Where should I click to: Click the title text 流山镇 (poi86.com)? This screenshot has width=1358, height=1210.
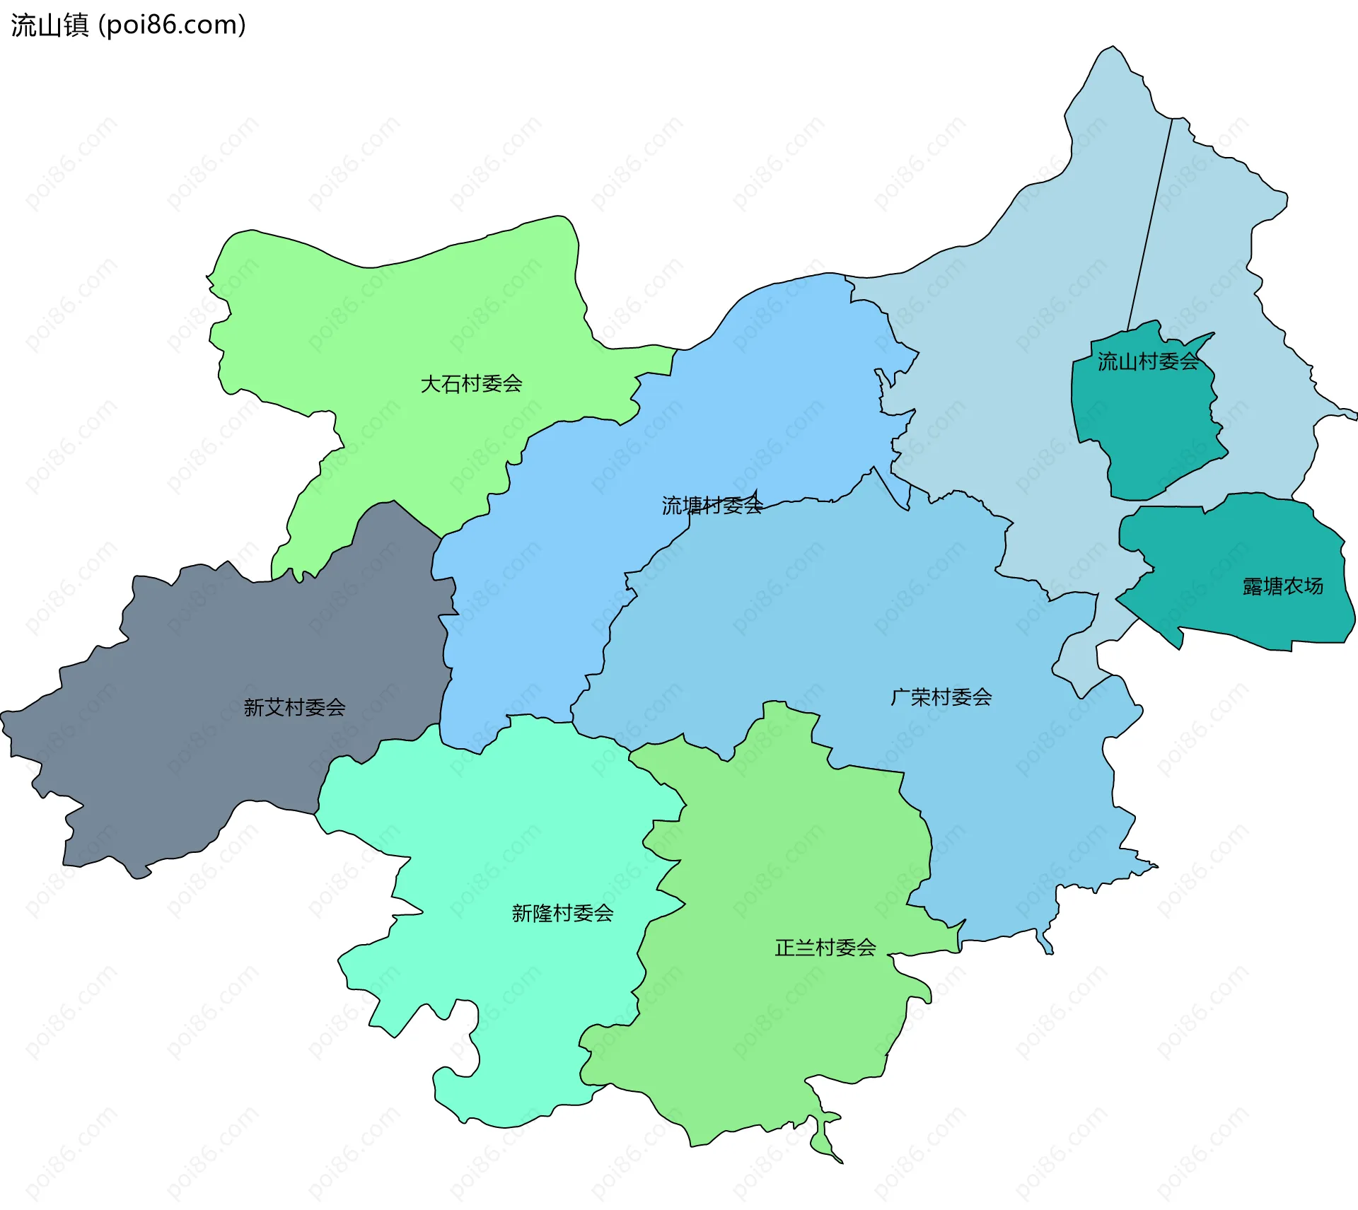pyautogui.click(x=128, y=25)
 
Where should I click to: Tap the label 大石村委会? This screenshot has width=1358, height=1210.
pyautogui.click(x=471, y=384)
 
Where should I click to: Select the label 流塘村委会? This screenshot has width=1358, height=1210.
pyautogui.click(x=712, y=506)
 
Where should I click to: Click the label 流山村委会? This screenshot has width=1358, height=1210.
pyautogui.click(x=1147, y=362)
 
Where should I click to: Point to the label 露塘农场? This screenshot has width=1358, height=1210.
pyautogui.click(x=1282, y=586)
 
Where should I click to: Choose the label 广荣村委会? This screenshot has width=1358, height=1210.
pyautogui.click(x=941, y=697)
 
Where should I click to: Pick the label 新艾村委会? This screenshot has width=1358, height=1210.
pyautogui.click(x=294, y=707)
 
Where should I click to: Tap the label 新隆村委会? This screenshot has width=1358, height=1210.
pyautogui.click(x=562, y=913)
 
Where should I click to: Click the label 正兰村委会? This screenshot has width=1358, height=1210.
pyautogui.click(x=825, y=948)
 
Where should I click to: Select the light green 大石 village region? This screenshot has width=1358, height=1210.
pyautogui.click(x=424, y=318)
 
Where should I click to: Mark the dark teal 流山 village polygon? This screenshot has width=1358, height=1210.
pyautogui.click(x=1146, y=431)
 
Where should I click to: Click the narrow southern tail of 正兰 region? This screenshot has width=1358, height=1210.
pyautogui.click(x=824, y=1139)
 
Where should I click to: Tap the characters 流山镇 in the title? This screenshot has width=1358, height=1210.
pyautogui.click(x=50, y=25)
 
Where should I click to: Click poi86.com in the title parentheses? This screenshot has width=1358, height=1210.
pyautogui.click(x=172, y=25)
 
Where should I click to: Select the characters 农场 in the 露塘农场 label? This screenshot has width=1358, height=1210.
pyautogui.click(x=1303, y=586)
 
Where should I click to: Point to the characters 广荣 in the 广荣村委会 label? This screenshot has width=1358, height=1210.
pyautogui.click(x=910, y=697)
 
